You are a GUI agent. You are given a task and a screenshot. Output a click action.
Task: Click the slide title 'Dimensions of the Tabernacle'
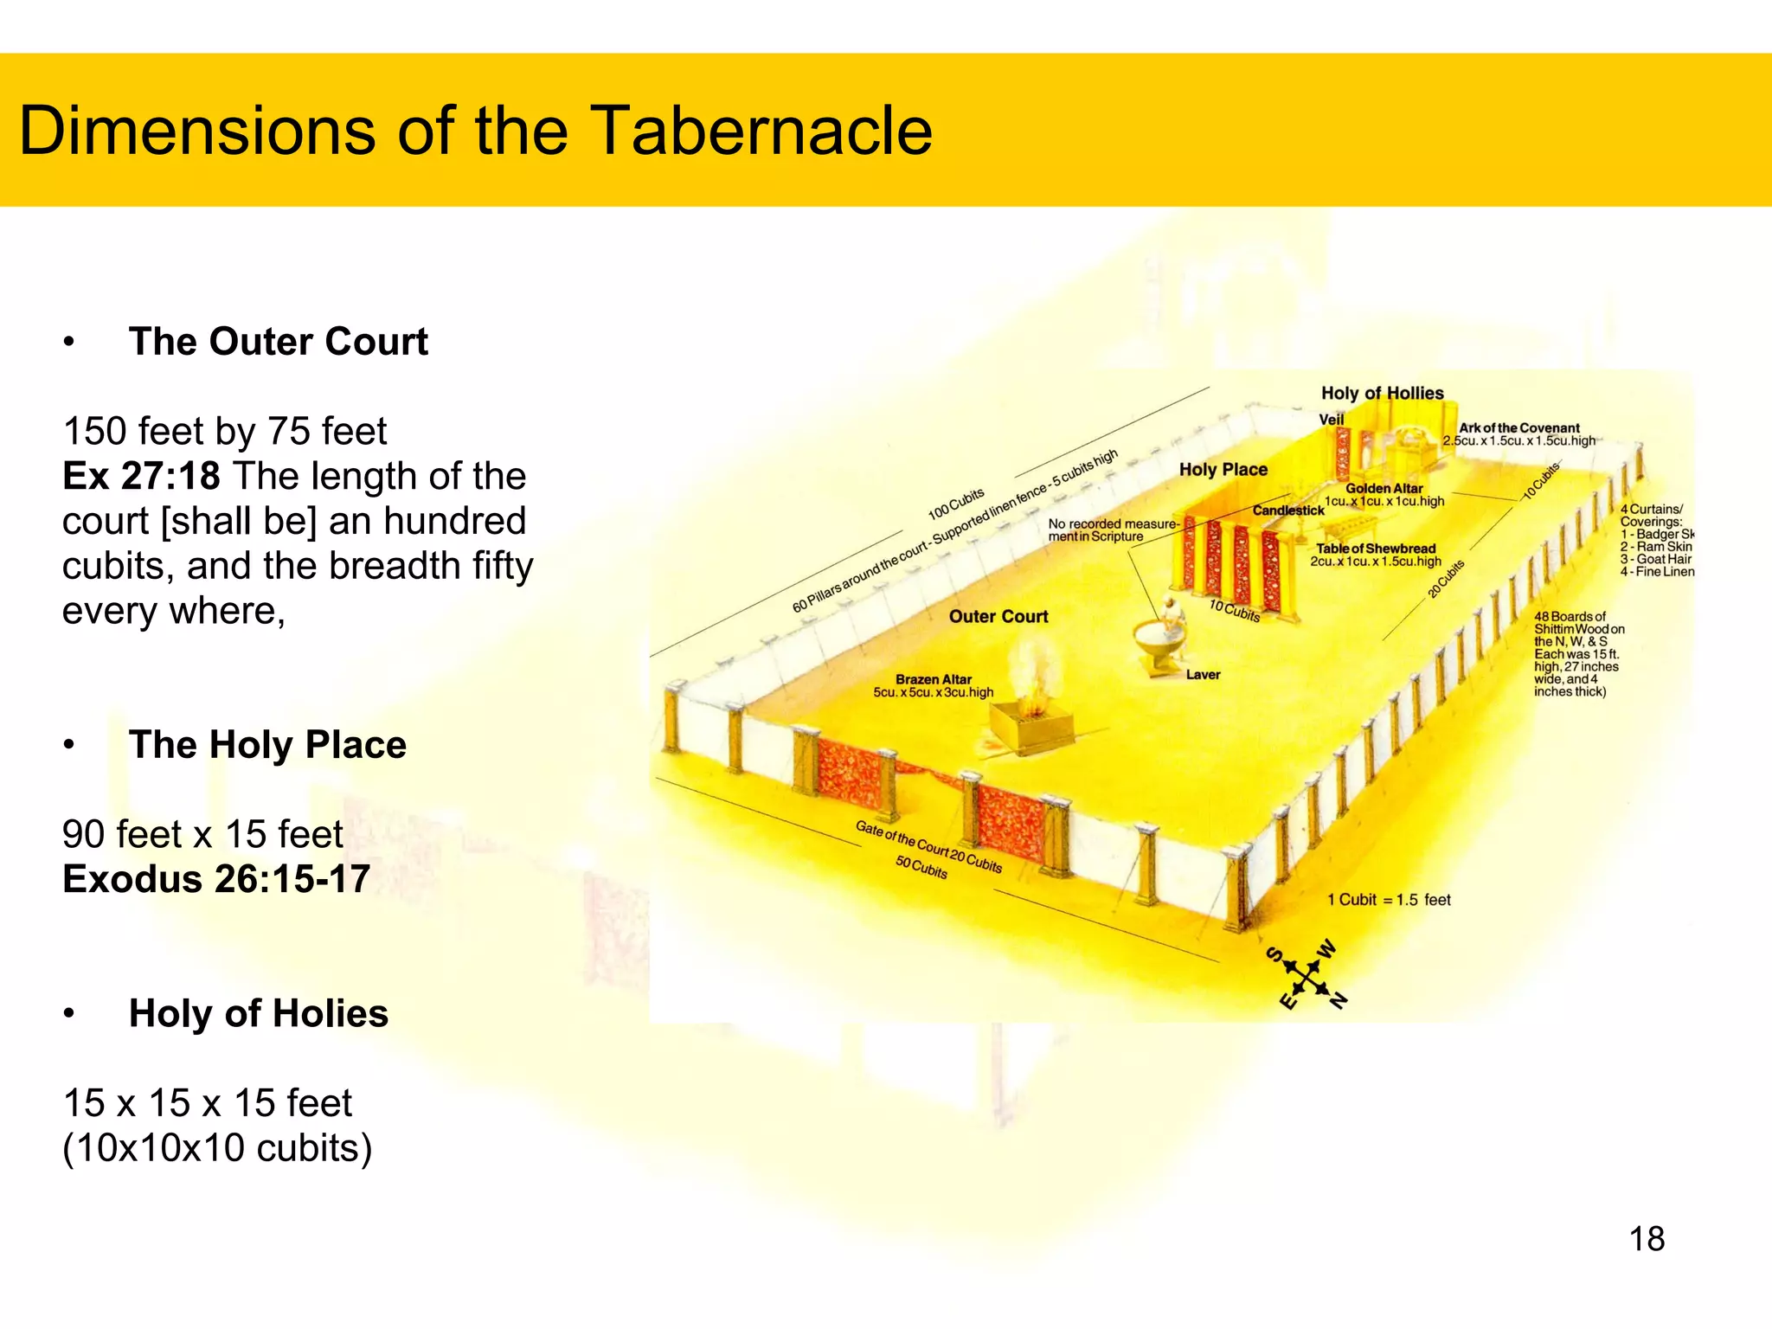475,131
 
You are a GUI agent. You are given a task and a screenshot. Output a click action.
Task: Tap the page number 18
1647,1239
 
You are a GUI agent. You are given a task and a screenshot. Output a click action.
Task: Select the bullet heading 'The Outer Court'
278,342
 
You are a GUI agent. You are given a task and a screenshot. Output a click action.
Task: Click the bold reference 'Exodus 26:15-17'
216,879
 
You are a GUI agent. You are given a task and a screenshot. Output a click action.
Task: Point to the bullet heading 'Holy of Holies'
258,1013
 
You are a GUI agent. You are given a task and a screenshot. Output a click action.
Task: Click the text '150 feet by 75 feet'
225,431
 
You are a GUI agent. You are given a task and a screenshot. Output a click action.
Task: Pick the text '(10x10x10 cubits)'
217,1148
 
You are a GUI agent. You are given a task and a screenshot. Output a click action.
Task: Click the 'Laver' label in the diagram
1203,675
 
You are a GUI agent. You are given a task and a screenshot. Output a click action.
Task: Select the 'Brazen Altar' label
934,679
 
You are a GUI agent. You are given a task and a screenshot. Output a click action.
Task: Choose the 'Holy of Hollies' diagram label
1382,394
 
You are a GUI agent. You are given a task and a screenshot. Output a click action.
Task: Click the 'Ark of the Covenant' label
1519,427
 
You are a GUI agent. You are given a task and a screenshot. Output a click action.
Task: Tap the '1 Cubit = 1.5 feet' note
1389,900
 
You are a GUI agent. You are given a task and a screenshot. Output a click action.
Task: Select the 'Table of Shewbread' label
1376,549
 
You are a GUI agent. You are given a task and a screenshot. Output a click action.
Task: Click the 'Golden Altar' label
1384,488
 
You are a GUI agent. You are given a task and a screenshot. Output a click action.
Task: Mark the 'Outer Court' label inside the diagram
998,616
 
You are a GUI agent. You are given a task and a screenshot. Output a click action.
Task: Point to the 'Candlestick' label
1288,510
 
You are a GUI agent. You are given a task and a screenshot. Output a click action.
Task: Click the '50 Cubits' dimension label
921,867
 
